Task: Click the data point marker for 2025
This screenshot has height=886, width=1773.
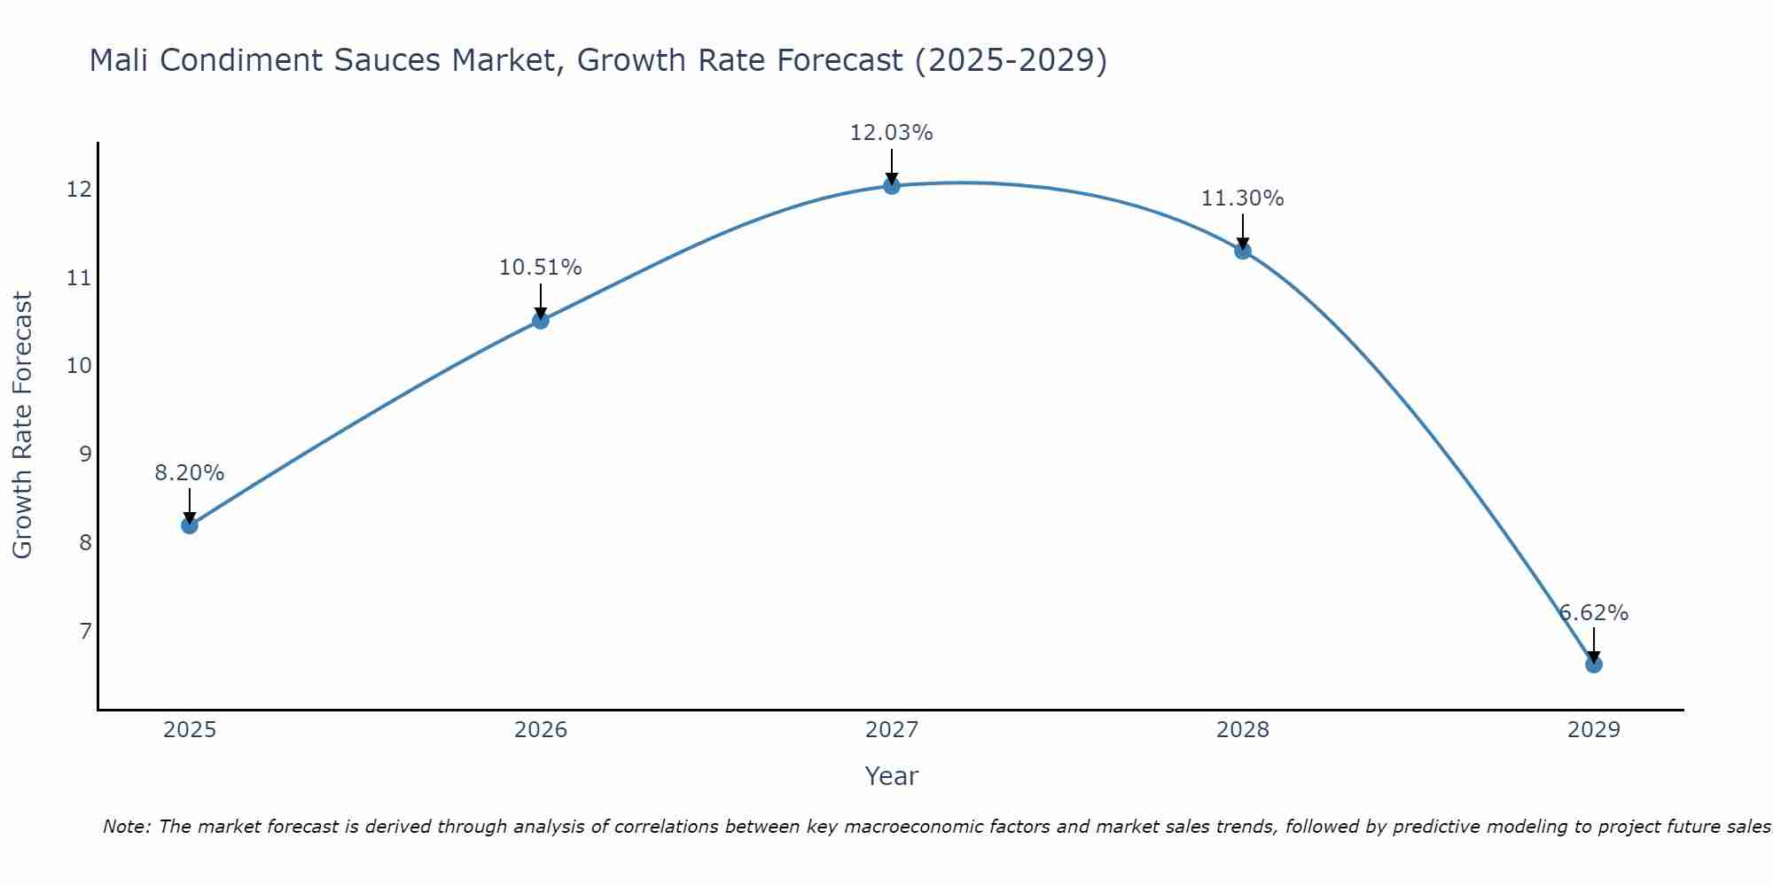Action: [x=190, y=525]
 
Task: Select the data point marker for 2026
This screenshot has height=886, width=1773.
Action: [x=541, y=321]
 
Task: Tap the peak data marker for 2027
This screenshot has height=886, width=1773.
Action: [x=892, y=186]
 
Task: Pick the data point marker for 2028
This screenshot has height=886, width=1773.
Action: [x=1243, y=251]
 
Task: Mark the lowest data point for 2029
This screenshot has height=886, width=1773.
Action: [x=1594, y=664]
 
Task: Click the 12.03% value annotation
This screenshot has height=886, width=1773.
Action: [x=891, y=133]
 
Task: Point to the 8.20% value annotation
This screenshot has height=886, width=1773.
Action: [x=190, y=473]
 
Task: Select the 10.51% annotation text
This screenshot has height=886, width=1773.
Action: [x=540, y=268]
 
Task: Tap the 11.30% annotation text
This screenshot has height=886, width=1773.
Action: [x=1242, y=198]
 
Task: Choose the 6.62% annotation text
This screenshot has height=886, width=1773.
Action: [x=1593, y=613]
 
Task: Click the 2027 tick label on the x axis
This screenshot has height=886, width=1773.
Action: [x=892, y=730]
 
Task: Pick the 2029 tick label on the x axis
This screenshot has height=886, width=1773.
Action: [x=1593, y=730]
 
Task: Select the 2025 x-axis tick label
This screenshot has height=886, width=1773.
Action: [x=190, y=730]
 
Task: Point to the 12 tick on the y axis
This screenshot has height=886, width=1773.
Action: [x=79, y=190]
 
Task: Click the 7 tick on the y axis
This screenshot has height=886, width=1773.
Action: [x=85, y=631]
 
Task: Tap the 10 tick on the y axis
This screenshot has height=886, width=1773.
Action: [x=79, y=366]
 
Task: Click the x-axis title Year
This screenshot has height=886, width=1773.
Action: [x=891, y=776]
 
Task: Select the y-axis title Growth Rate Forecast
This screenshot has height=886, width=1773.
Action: [x=22, y=425]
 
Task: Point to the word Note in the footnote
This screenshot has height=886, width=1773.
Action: [x=127, y=827]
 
